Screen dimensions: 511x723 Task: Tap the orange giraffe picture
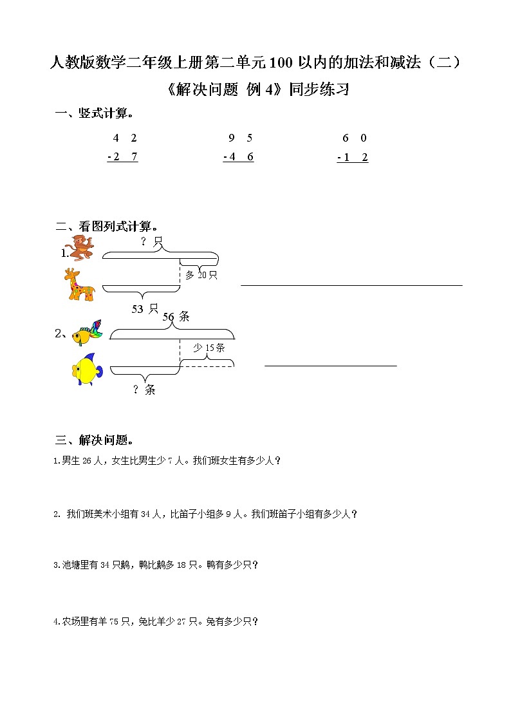point(79,284)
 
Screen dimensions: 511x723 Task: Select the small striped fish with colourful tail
point(87,333)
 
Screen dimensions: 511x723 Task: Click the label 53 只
point(145,309)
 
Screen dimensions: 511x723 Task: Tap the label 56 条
point(176,316)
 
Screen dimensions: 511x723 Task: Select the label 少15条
point(209,348)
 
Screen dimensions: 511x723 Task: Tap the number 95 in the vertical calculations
point(241,138)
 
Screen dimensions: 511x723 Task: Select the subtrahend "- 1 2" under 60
point(353,157)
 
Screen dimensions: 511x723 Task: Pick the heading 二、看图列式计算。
point(108,227)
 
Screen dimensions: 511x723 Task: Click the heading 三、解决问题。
point(95,440)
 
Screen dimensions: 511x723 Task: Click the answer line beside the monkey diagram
point(351,284)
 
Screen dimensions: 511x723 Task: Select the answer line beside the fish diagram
point(330,366)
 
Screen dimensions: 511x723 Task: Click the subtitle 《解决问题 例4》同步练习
point(255,89)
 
